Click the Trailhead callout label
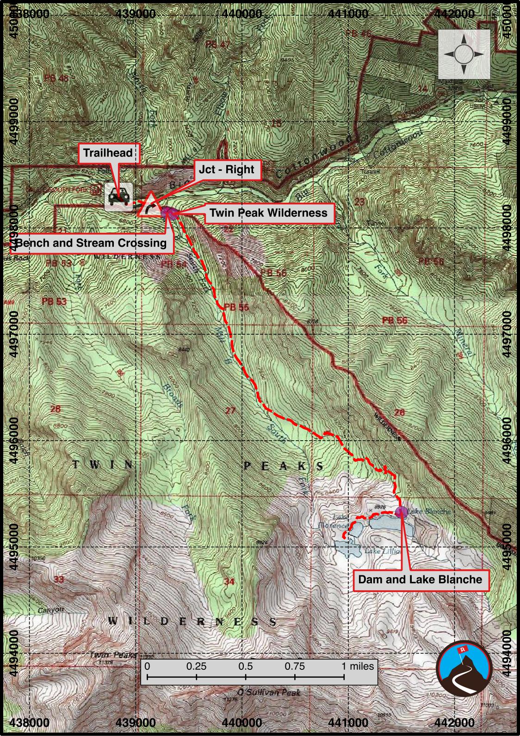point(108,153)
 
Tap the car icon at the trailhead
point(119,197)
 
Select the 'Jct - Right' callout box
point(226,169)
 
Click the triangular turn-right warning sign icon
point(149,206)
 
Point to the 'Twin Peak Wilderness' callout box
point(268,213)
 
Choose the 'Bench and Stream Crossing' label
point(91,243)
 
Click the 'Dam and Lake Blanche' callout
point(420,580)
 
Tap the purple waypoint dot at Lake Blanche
point(402,511)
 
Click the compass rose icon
point(464,55)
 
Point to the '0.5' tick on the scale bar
point(246,667)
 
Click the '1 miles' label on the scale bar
point(358,667)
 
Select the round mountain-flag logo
point(464,667)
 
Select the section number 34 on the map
point(229,581)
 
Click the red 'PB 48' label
point(56,78)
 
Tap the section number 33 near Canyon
point(59,580)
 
